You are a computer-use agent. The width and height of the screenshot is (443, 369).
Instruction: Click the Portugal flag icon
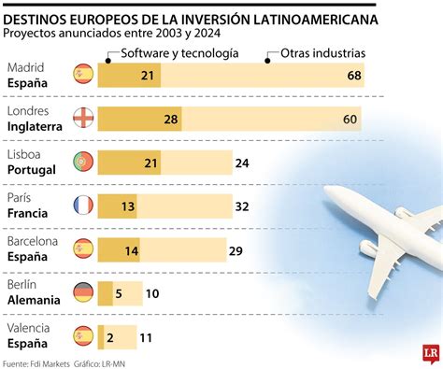click(x=82, y=163)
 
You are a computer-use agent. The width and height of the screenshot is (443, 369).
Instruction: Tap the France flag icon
click(x=82, y=206)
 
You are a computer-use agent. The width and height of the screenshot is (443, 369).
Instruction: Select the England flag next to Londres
click(x=82, y=119)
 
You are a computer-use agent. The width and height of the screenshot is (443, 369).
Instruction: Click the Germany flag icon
click(x=82, y=292)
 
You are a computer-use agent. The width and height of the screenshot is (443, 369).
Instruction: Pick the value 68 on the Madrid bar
click(x=353, y=75)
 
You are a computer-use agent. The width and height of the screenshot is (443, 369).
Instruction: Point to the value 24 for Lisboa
click(x=242, y=163)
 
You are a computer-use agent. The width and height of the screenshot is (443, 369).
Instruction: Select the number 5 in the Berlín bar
click(x=119, y=293)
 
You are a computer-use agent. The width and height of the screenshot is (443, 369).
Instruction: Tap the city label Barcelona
click(x=33, y=241)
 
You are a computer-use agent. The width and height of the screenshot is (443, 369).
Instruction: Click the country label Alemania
click(x=34, y=300)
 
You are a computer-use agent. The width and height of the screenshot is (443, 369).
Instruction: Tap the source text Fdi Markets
click(x=58, y=362)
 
